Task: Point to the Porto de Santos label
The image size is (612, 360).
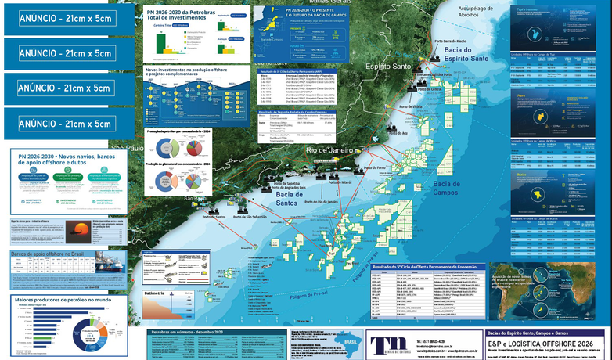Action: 219,217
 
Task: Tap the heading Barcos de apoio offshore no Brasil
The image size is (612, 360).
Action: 56,254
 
